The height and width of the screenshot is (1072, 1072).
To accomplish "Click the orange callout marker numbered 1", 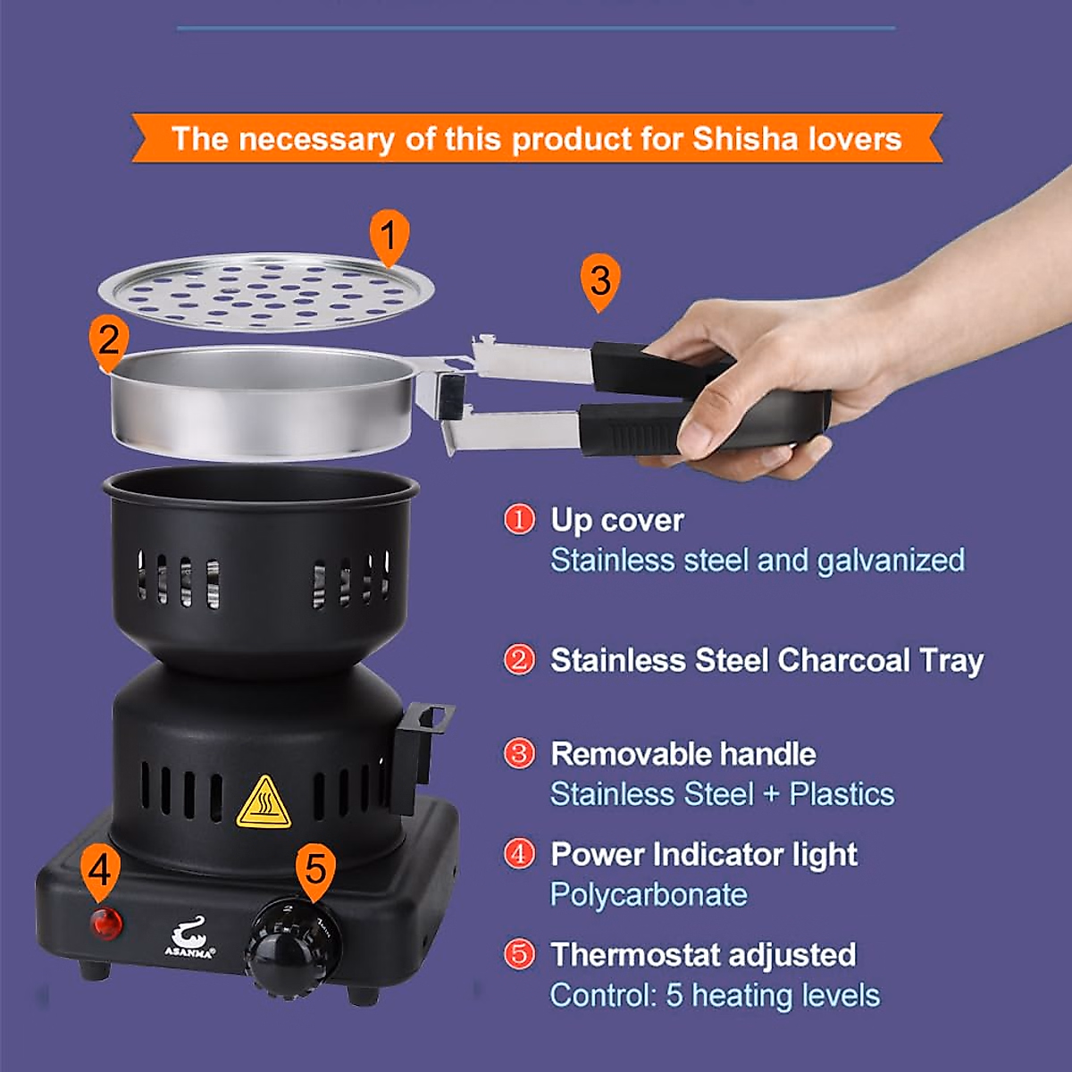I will point(389,237).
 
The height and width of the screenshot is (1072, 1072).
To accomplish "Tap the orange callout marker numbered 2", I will point(108,341).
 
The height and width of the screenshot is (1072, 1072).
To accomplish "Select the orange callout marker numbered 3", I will point(599,281).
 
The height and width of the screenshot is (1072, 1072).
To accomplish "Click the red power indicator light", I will point(106,924).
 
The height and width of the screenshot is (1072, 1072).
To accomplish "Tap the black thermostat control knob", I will point(293,945).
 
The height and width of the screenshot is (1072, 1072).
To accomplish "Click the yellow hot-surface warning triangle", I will point(264,803).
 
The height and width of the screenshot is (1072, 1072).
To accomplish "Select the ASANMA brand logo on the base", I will point(189,940).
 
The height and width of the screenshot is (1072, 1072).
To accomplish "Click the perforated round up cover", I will point(265,291).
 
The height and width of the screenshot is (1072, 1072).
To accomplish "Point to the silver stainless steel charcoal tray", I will point(264,402).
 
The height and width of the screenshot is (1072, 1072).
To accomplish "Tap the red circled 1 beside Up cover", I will point(519,520).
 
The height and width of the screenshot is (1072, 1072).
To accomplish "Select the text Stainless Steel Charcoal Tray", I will point(766,661).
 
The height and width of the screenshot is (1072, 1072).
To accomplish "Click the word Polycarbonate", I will point(649,895).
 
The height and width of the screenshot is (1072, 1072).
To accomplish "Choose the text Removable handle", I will point(683,754).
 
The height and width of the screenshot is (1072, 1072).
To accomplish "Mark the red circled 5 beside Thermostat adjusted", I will point(519,954).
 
